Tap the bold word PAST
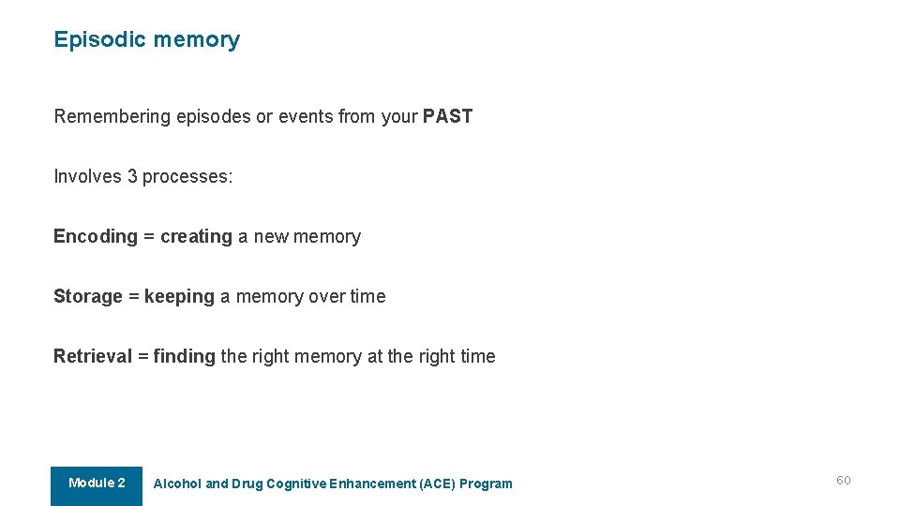coord(447,116)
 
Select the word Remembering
coord(112,116)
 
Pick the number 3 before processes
coord(132,176)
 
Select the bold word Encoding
coord(96,236)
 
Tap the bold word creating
coord(196,236)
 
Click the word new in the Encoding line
coord(271,236)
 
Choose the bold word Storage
coord(88,296)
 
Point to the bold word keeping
coord(179,296)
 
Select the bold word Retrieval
coord(93,356)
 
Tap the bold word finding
coord(184,356)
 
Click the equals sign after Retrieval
coord(142,356)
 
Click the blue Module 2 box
coord(97,484)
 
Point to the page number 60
coord(844,480)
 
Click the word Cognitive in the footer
coord(296,484)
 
